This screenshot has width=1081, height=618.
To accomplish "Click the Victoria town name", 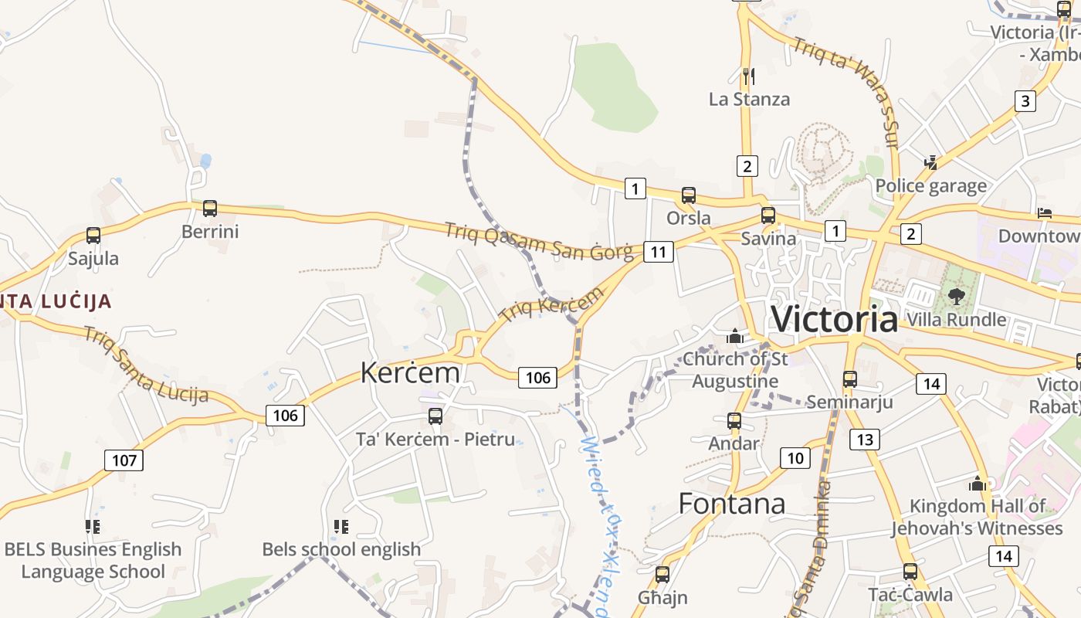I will coord(835,319).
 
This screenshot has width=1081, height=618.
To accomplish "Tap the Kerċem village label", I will coord(410,373).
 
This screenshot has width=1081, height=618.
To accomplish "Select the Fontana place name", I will coord(732,504).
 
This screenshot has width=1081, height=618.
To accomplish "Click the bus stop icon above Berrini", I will coord(210,208).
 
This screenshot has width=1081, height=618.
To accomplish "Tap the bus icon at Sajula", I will coord(93,236).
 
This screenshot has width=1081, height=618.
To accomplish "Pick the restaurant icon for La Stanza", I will coord(748,76).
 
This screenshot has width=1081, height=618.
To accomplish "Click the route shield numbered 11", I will coord(658,251).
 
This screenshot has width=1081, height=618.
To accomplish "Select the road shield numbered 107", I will coord(124,460).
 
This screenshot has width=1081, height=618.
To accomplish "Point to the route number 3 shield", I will coord(1025,100).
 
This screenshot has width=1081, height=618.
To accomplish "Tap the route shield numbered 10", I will coord(795,458).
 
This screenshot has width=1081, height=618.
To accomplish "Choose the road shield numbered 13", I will coord(864,440).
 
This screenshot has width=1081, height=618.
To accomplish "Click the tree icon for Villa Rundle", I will coord(956,296).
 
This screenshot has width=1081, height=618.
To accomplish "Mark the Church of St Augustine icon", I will coord(735,336).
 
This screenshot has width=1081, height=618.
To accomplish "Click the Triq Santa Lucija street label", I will coord(146,365).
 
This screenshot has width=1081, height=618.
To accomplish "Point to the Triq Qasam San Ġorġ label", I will coord(539,241).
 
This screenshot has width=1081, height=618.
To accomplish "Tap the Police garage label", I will coord(930,186).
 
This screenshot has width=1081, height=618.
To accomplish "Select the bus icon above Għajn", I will coord(662,575).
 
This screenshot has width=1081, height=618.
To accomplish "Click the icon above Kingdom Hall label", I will coord(978,484).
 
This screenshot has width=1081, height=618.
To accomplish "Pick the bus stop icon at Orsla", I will coord(688,195).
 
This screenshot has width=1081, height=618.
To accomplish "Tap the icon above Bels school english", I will coord(341,527).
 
